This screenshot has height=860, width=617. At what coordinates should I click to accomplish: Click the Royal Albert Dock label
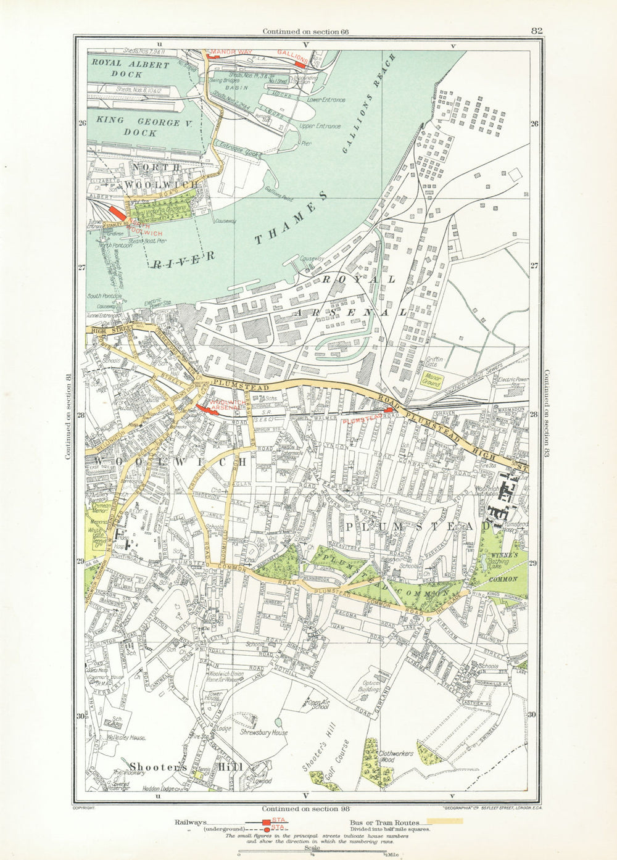[x=130, y=68]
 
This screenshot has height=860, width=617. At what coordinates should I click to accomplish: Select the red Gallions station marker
[x=300, y=63]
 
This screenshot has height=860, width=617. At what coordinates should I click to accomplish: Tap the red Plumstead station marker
[x=387, y=410]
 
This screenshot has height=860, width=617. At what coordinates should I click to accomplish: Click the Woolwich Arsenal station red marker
[x=202, y=408]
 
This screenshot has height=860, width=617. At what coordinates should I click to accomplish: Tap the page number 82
[x=536, y=31]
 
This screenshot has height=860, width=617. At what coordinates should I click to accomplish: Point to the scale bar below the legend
[x=312, y=854]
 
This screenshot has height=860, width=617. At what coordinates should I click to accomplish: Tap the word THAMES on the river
[x=292, y=219]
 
